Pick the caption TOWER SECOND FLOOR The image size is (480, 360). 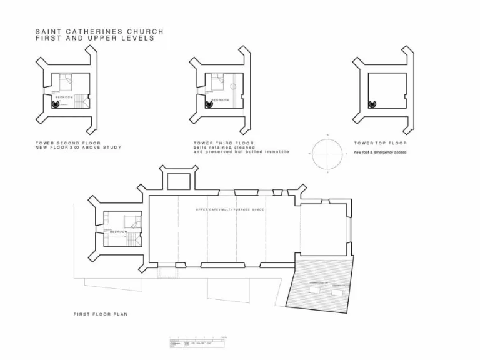pyautogui.click(x=68, y=142)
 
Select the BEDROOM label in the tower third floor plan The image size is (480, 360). pyautogui.click(x=220, y=99)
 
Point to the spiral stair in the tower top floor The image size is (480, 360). pyautogui.click(x=372, y=104)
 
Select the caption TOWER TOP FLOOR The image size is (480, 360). pyautogui.click(x=380, y=142)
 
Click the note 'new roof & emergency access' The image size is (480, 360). pyautogui.click(x=380, y=152)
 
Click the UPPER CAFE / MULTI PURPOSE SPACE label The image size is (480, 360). pyautogui.click(x=229, y=209)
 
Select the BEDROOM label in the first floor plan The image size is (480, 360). pyautogui.click(x=118, y=231)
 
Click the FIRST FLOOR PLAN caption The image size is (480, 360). pyautogui.click(x=100, y=314)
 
